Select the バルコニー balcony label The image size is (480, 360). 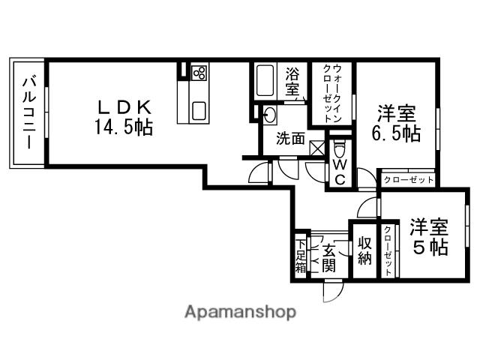tap(28, 112)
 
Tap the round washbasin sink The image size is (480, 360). tap(268, 115)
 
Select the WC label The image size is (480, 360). tap(339, 170)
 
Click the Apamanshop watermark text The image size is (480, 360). tap(239, 311)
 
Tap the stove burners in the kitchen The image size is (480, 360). tap(199, 73)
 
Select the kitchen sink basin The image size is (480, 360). tap(199, 110)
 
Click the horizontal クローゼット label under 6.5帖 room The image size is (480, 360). tap(409, 180)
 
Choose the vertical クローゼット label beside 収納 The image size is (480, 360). tap(388, 250)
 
